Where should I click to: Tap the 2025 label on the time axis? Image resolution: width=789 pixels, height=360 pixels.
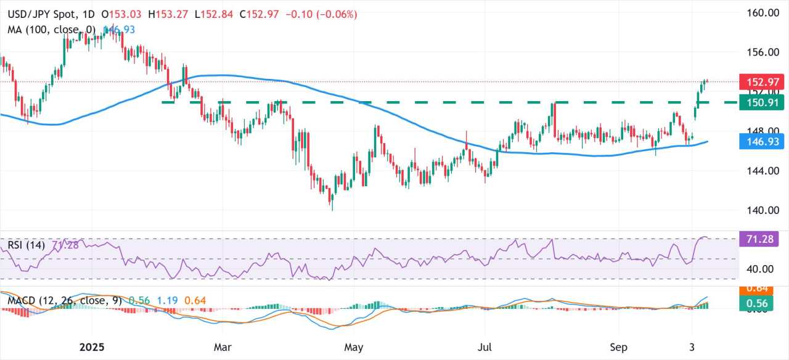click(x=94, y=347)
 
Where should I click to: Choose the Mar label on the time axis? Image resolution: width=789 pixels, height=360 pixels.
click(x=223, y=347)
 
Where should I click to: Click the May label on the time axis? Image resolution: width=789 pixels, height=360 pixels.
click(x=354, y=347)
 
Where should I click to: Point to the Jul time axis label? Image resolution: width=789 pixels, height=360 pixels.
click(x=486, y=347)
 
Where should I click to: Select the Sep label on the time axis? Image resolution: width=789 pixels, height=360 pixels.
click(x=618, y=347)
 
